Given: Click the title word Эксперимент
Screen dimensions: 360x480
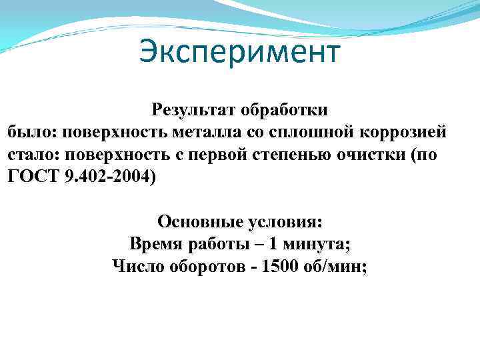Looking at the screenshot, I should click(x=240, y=52).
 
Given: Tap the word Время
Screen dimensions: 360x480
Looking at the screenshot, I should click(x=155, y=244).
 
